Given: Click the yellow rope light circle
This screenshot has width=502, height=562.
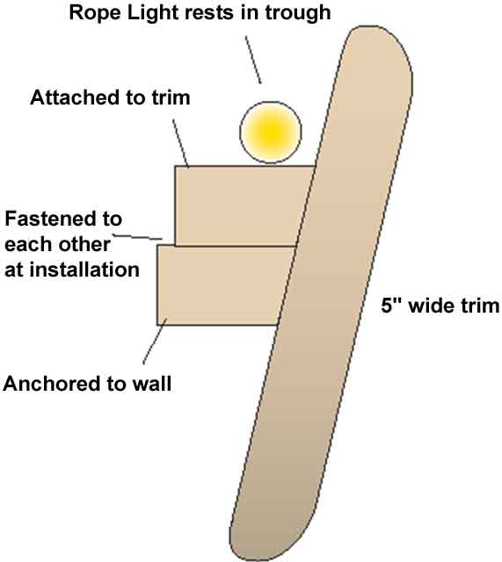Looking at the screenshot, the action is point(271,133).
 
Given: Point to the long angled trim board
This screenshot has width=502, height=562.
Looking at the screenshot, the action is point(321,294).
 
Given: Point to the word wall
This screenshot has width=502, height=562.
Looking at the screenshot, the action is point(152,384).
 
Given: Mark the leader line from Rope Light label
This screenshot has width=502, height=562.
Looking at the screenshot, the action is point(253,60).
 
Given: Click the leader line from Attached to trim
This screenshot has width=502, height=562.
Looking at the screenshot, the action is point(180,143).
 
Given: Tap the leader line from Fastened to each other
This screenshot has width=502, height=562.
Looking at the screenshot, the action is point(138,237).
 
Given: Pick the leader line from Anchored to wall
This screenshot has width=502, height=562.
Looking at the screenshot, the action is point(155,342).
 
